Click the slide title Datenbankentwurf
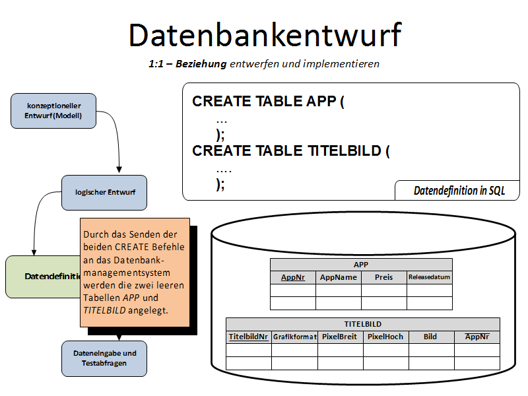click(x=264, y=35)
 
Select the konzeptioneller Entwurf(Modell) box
click(x=53, y=111)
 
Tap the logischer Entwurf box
click(x=104, y=192)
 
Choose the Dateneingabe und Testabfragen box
click(x=104, y=358)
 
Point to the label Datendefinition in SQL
click(x=459, y=191)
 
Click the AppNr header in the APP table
click(x=293, y=277)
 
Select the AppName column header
click(x=339, y=277)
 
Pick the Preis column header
click(x=383, y=277)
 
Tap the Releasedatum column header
click(x=430, y=277)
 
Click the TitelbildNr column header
click(x=248, y=337)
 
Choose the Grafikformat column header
click(x=294, y=337)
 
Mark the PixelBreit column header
click(x=340, y=337)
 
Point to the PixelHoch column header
click(x=385, y=337)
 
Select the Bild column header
click(x=430, y=337)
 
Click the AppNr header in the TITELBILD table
click(x=477, y=337)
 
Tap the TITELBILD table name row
click(x=363, y=324)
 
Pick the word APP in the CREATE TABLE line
click(x=321, y=102)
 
